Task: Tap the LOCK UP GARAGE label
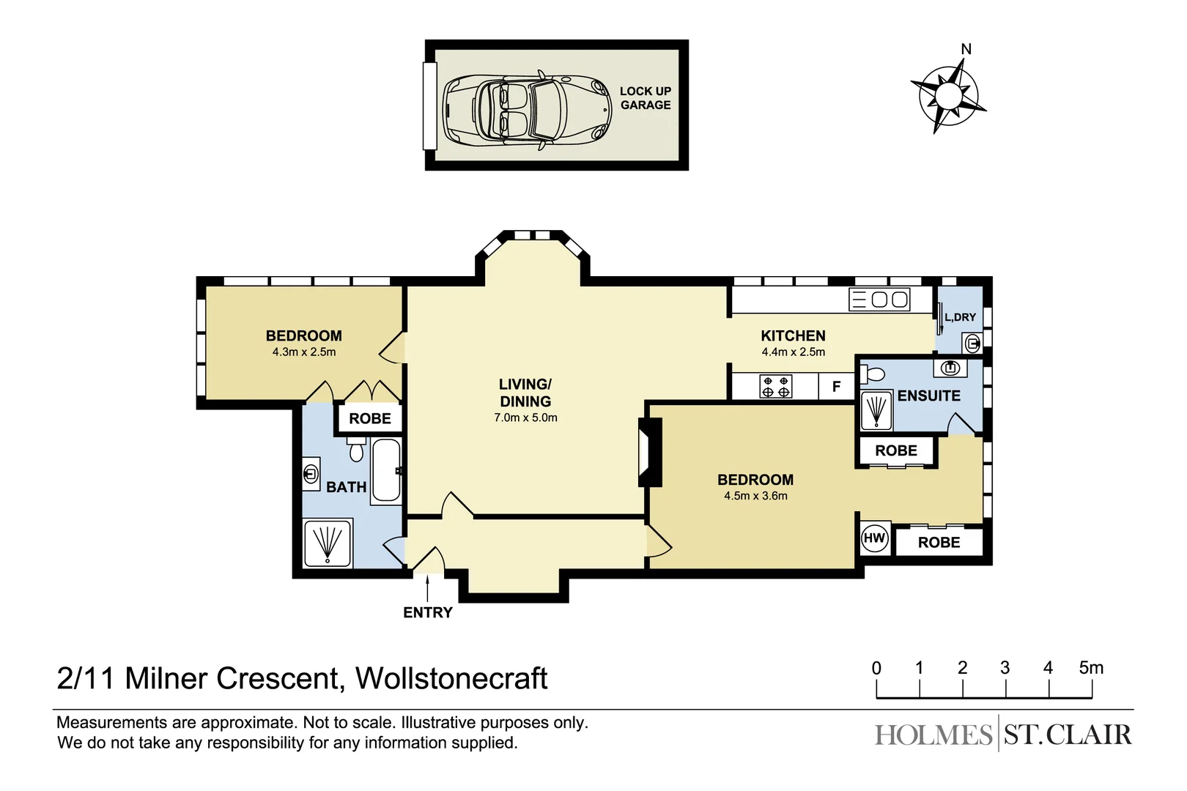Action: coord(645,98)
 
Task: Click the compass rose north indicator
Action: coord(966,50)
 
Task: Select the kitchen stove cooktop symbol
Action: coord(776,387)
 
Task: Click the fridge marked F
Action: coord(836,387)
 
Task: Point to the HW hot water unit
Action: coord(874,538)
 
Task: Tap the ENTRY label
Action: coord(428,612)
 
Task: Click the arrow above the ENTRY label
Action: coord(428,587)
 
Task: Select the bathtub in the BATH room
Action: coord(386,470)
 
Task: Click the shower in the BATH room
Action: coord(328,543)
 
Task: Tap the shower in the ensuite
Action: coord(876,411)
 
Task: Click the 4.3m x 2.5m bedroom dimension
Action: coord(303,352)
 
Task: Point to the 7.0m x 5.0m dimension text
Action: coord(525,418)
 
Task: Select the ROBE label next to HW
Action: coord(939,543)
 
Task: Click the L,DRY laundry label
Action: coord(960,317)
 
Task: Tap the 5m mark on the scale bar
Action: coord(1090,668)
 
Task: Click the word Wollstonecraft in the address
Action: coord(451,678)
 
